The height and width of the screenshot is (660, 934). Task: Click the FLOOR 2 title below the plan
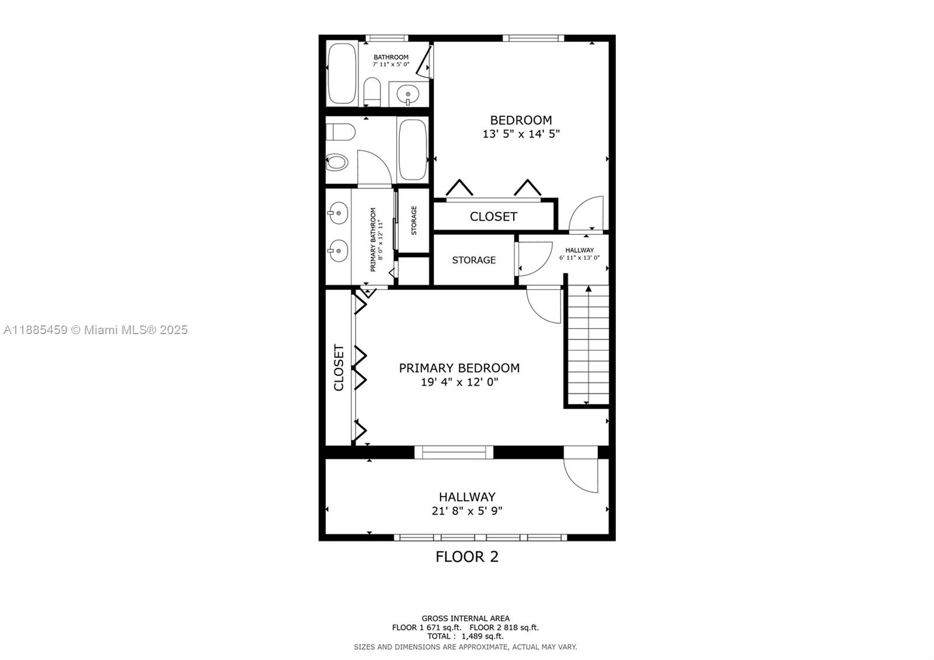[466, 557]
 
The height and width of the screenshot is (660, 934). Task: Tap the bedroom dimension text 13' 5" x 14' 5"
[521, 134]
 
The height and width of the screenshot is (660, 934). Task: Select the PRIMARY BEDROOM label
[459, 368]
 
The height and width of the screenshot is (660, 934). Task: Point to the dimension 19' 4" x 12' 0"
[459, 382]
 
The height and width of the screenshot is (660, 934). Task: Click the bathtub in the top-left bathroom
[342, 74]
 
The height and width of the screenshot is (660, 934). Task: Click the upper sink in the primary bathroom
[338, 213]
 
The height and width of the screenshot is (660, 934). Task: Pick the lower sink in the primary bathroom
[338, 251]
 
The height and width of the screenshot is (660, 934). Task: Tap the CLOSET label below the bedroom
[493, 217]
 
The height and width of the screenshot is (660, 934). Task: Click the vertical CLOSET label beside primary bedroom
[339, 367]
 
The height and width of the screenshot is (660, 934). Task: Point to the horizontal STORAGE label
[473, 260]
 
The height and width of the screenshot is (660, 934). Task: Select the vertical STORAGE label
[414, 220]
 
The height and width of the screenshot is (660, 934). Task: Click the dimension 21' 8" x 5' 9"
[467, 510]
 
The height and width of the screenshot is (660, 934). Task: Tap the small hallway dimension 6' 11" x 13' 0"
[580, 258]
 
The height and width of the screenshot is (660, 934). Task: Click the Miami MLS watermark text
[96, 330]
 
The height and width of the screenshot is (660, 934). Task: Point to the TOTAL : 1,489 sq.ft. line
[465, 636]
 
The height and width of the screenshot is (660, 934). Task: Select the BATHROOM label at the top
[391, 57]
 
